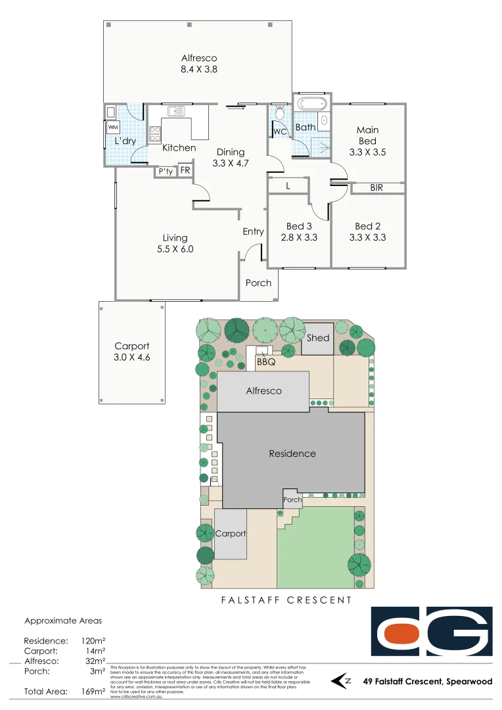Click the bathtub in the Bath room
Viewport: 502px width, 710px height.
coord(311,105)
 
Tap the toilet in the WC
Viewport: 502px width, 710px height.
coord(279,114)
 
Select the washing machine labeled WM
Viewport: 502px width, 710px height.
coord(113,127)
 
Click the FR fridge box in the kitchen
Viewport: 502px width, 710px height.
coord(185,171)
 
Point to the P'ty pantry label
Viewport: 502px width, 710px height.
coord(166,172)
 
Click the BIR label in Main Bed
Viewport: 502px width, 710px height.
coord(377,188)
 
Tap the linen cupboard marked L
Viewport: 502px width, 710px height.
coord(288,186)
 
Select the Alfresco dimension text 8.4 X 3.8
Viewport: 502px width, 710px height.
coord(198,69)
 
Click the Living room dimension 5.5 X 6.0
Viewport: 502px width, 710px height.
coord(175,249)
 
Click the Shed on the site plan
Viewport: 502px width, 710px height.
coord(318,339)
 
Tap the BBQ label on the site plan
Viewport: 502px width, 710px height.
coord(265,361)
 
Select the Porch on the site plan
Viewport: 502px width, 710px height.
coord(292,500)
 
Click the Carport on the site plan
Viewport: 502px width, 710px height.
coord(231,534)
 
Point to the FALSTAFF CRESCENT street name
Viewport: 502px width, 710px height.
coord(286,600)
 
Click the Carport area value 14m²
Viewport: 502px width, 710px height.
coord(96,651)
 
